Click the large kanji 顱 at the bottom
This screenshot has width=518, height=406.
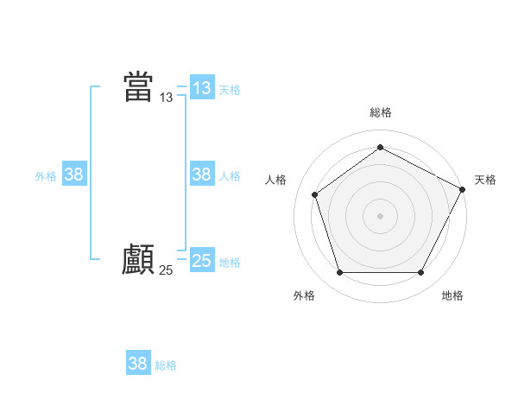(x=138, y=259)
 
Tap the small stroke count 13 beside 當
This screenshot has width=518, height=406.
(x=167, y=98)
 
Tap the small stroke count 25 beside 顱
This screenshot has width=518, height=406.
(x=167, y=270)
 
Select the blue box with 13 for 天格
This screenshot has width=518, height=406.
(x=201, y=88)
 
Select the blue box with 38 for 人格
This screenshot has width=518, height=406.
(x=201, y=174)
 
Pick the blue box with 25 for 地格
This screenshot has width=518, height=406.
(x=201, y=261)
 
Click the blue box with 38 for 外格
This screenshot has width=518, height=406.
(x=74, y=174)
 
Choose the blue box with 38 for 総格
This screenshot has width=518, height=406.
(x=137, y=364)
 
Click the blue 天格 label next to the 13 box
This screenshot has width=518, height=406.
(x=230, y=90)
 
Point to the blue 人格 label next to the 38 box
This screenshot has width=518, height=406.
(x=230, y=176)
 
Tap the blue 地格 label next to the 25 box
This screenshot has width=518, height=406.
(x=230, y=263)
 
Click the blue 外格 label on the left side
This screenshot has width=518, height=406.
(x=46, y=176)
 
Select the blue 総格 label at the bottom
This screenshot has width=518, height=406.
(x=166, y=365)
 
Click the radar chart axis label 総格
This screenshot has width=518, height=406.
(x=380, y=112)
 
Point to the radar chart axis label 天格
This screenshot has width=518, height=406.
(x=486, y=180)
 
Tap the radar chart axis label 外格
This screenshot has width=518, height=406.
(x=304, y=295)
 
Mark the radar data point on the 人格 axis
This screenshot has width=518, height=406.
(x=315, y=194)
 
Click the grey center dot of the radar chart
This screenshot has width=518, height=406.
(x=380, y=215)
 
